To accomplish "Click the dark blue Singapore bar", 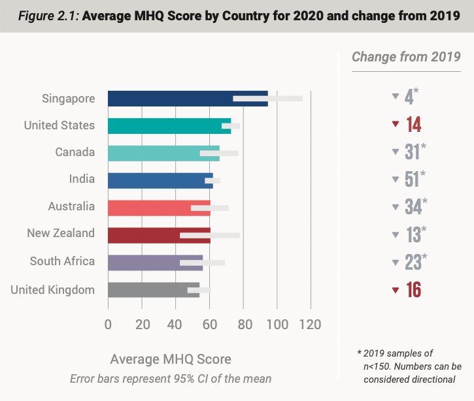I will tap(170, 99).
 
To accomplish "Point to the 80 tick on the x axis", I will tap(243, 324).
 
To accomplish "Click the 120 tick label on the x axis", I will tap(311, 324).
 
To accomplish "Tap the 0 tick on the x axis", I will tap(108, 324).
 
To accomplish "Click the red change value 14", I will tap(413, 125).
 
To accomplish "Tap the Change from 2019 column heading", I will tap(406, 57).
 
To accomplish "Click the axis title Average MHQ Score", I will tap(171, 359).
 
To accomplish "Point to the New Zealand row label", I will tap(61, 233).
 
